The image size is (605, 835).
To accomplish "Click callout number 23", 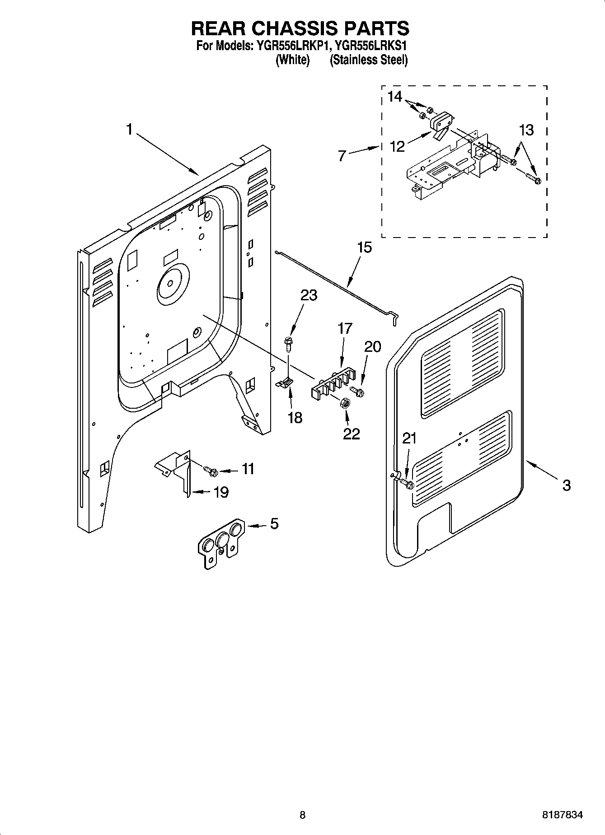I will click(x=309, y=295).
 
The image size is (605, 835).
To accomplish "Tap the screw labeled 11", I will click(x=211, y=471).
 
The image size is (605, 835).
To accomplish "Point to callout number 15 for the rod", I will click(x=364, y=248).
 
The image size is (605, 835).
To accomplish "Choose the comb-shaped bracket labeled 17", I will click(x=333, y=384).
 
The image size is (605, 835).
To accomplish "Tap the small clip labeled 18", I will click(x=284, y=383).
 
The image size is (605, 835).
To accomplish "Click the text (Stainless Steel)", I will click(x=369, y=60).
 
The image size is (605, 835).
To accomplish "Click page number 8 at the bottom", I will click(x=302, y=816).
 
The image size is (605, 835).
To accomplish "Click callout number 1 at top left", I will click(x=129, y=130).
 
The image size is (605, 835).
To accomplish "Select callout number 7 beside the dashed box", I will click(x=342, y=156).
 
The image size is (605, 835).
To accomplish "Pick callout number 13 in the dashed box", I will click(x=526, y=131).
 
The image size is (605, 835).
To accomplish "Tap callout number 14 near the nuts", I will click(x=394, y=97).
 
